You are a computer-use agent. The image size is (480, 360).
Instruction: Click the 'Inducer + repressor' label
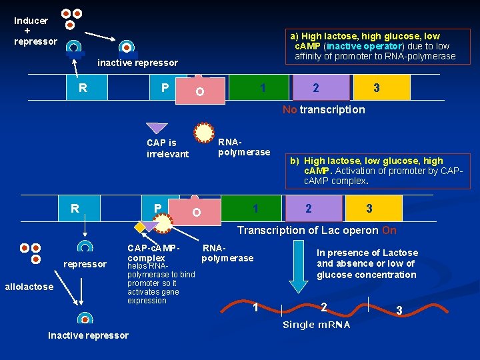[31, 31]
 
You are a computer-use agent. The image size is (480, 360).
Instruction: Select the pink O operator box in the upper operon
[200, 91]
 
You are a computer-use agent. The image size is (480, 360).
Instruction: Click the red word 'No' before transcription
[289, 109]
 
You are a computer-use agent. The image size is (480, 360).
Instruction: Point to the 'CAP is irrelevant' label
[167, 148]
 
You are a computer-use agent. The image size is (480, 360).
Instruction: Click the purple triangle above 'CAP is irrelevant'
[156, 128]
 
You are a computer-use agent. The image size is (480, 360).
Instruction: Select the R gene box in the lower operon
[75, 209]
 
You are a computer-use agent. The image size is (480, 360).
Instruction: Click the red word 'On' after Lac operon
[389, 230]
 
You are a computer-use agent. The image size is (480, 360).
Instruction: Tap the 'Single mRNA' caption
[317, 325]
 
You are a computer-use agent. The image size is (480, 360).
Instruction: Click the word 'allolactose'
[29, 287]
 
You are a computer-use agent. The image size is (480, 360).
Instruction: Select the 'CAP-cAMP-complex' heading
[153, 253]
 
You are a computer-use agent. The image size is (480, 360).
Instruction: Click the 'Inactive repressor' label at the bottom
[88, 335]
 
